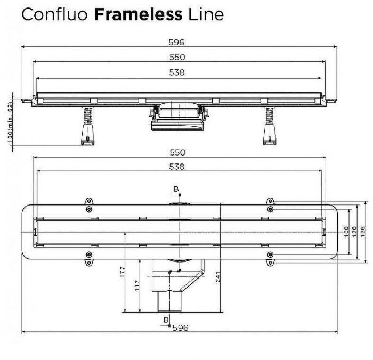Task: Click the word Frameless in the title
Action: (138, 14)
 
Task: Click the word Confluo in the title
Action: (55, 14)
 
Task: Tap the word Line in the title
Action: (206, 14)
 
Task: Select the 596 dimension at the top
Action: (176, 42)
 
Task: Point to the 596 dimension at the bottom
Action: (180, 328)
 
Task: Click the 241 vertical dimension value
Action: (218, 277)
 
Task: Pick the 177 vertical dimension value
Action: (122, 272)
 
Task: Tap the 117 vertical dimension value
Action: (137, 285)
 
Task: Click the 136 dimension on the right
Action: (362, 232)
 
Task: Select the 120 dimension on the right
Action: (354, 232)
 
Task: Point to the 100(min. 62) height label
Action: (10, 122)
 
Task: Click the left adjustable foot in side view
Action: (88, 126)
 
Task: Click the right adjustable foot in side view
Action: (270, 126)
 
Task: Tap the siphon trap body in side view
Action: (177, 117)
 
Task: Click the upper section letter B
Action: (176, 189)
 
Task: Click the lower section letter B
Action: (166, 320)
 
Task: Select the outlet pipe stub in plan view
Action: (169, 301)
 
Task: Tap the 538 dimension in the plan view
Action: (177, 167)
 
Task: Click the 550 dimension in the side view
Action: (177, 58)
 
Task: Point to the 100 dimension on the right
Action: (346, 232)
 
